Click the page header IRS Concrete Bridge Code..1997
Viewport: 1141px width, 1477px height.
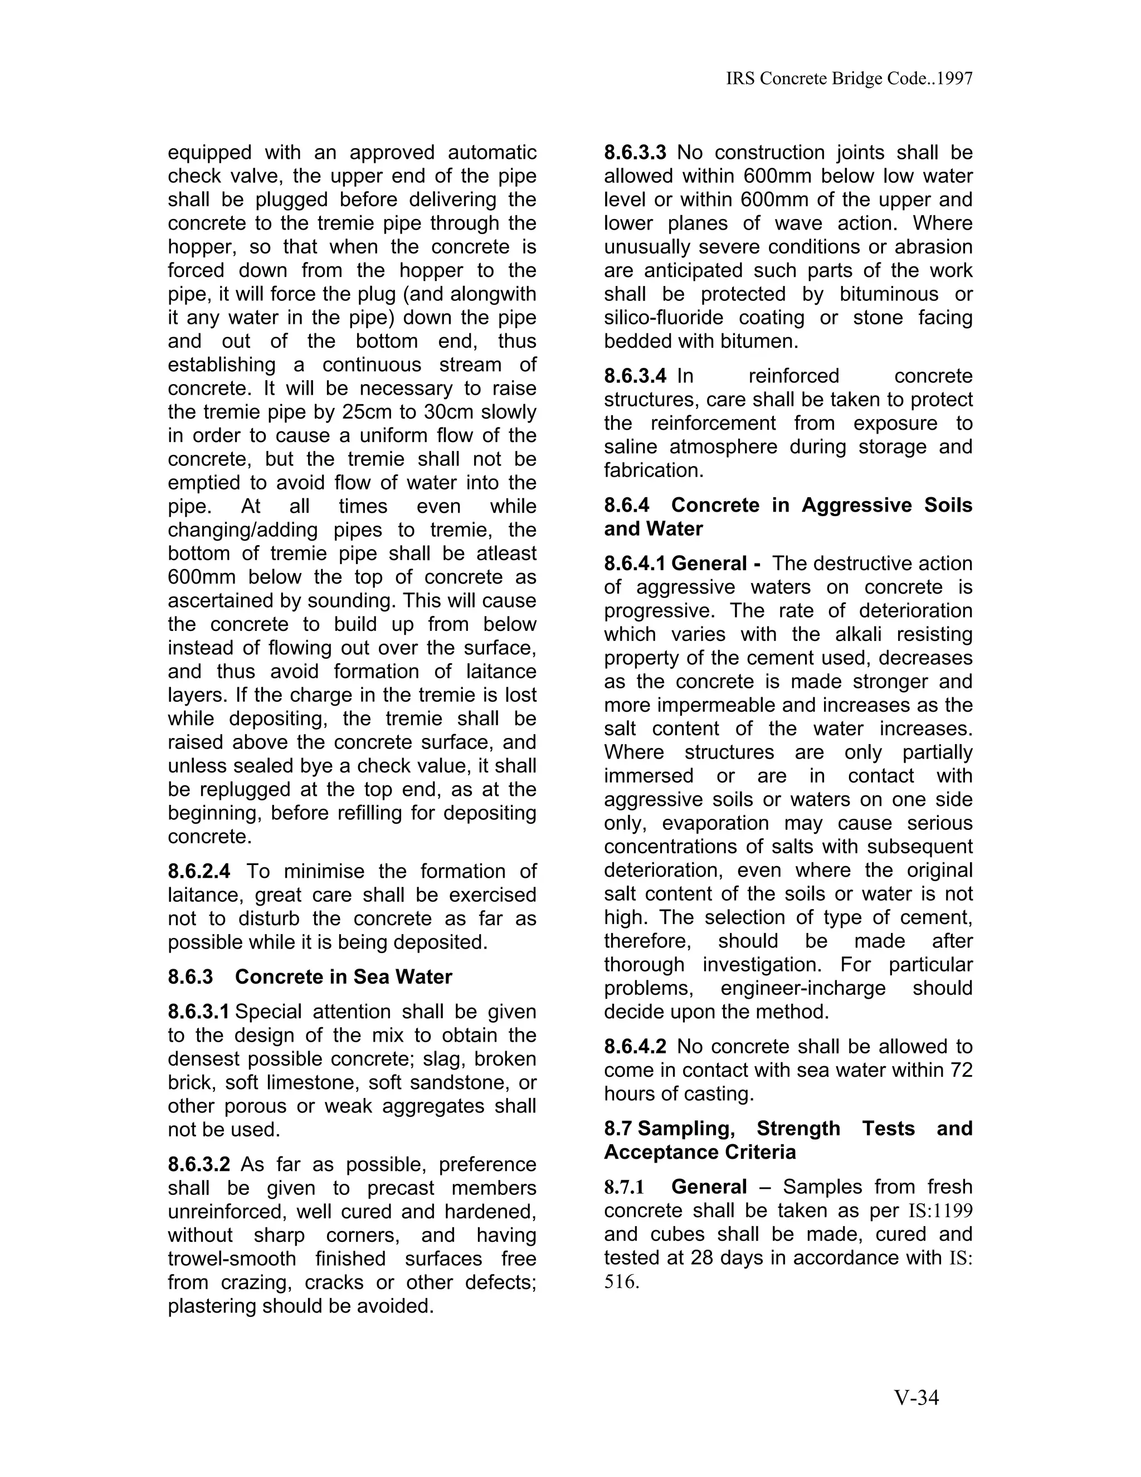pos(849,79)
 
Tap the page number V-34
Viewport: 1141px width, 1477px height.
pos(916,1397)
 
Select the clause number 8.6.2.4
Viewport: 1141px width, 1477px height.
pos(199,872)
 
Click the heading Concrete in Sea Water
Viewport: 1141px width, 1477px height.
pos(343,977)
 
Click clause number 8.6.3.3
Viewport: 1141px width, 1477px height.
pos(635,153)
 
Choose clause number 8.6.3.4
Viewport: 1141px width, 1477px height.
pos(635,376)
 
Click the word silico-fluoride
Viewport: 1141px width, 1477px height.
pos(663,318)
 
